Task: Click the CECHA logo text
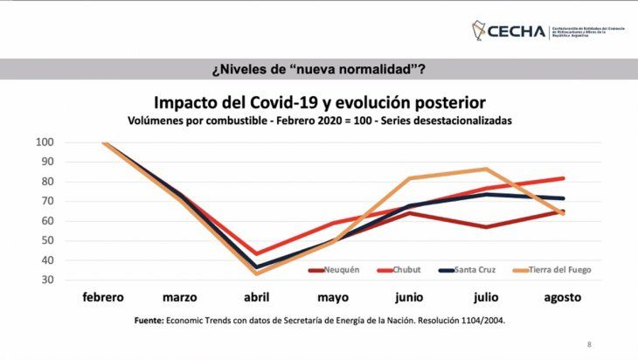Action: [x=521, y=31]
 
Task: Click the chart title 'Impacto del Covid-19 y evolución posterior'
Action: [x=319, y=101]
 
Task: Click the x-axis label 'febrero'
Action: [x=103, y=297]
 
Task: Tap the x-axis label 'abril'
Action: [x=256, y=297]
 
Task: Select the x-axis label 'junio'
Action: [x=409, y=297]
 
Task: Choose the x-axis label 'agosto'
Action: [x=562, y=297]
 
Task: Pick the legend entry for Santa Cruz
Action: [x=467, y=270]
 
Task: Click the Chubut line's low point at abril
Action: [x=256, y=253]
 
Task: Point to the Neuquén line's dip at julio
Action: [x=487, y=227]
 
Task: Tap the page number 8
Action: [x=588, y=344]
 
